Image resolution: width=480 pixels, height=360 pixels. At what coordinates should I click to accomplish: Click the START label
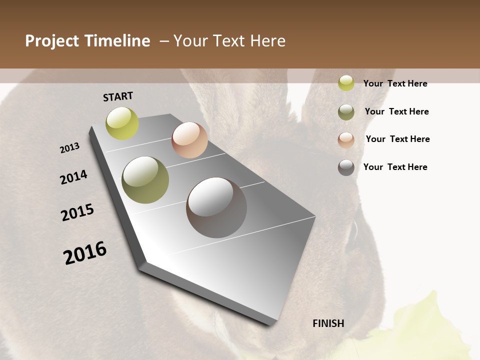(118, 96)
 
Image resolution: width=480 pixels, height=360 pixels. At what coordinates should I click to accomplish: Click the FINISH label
(328, 323)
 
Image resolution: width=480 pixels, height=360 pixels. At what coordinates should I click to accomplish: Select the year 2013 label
(69, 148)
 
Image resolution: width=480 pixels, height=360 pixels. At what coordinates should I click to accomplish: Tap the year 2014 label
(73, 177)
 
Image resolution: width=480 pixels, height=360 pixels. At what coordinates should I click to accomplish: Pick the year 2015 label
(77, 212)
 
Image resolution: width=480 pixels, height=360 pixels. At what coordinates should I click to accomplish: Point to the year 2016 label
(85, 253)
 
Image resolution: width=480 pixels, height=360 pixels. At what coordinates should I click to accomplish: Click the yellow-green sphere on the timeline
(122, 123)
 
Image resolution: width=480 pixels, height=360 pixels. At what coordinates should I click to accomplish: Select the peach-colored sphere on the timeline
(189, 140)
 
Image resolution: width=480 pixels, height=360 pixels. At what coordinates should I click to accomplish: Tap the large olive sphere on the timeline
(145, 180)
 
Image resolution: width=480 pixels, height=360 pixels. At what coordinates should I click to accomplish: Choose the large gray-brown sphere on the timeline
(216, 207)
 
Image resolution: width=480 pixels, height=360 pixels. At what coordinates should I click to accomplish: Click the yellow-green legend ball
(346, 83)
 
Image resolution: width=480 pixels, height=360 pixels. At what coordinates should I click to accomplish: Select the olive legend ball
(346, 112)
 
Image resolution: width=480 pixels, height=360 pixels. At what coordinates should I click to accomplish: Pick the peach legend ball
(346, 140)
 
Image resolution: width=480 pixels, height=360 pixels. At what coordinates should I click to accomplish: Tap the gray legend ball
(346, 167)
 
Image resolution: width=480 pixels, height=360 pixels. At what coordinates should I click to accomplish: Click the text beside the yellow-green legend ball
(395, 83)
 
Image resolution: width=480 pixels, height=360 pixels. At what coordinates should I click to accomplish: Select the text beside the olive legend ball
(396, 111)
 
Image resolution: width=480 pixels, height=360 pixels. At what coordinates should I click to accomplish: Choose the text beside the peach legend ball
(397, 139)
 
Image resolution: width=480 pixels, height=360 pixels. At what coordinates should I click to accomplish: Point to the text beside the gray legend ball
(395, 167)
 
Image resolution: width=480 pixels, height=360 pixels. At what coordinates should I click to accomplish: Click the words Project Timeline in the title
(87, 41)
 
